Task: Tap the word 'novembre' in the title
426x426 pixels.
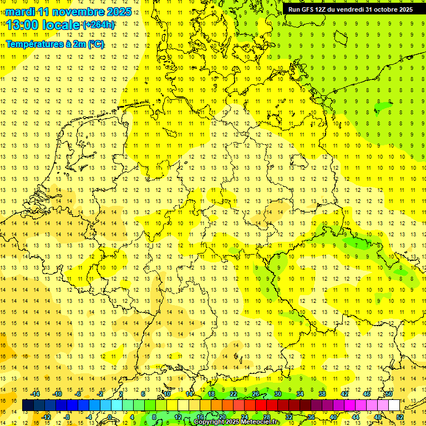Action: pyautogui.click(x=78, y=12)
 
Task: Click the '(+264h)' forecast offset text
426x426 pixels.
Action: pyautogui.click(x=99, y=25)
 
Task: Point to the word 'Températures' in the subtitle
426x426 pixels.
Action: pyautogui.click(x=34, y=44)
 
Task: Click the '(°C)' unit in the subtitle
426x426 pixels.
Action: pyautogui.click(x=95, y=44)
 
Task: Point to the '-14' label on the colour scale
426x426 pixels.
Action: pyautogui.click(x=35, y=393)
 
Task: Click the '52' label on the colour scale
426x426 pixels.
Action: pyautogui.click(x=400, y=417)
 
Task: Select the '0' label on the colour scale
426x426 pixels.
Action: pyautogui.click(x=110, y=417)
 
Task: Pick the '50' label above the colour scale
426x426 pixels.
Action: pyautogui.click(x=389, y=393)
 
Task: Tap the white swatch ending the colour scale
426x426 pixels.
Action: pyautogui.click(x=394, y=405)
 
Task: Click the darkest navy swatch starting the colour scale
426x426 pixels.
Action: pyautogui.click(x=28, y=405)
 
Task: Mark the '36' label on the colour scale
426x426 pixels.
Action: pyautogui.click(x=311, y=417)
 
